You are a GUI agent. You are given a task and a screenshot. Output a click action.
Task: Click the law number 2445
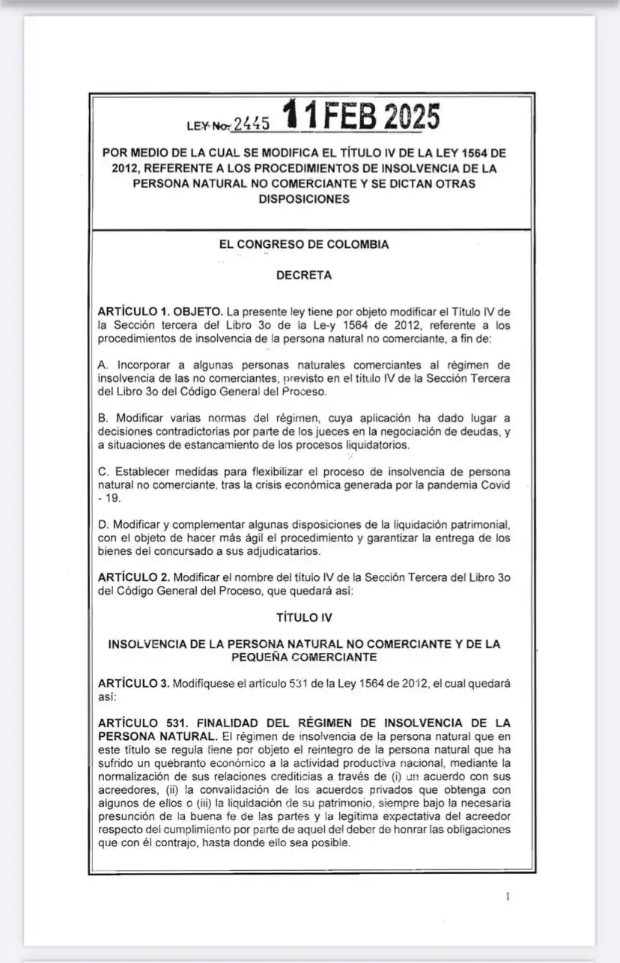[x=251, y=124]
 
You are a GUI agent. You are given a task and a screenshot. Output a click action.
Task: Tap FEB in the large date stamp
[x=350, y=118]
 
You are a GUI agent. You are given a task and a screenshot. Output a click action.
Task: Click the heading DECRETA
[x=303, y=275]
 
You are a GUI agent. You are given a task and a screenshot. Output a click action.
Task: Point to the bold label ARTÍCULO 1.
[x=133, y=311]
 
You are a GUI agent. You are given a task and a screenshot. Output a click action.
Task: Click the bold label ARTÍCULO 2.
[x=133, y=577]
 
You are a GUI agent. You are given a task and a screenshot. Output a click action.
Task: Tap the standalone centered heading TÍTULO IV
[x=303, y=618]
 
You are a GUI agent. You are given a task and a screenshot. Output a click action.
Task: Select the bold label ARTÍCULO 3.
[x=133, y=684]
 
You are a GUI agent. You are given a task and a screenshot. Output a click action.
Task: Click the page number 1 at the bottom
[x=508, y=896]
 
